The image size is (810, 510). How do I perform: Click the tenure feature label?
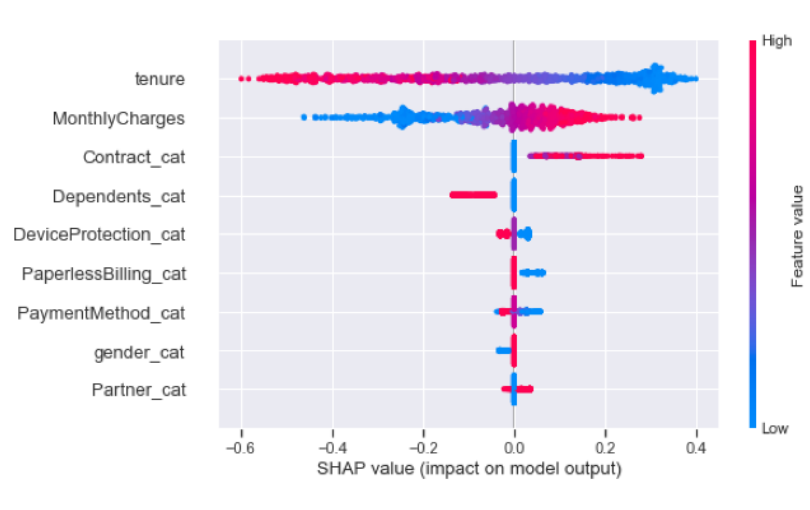tap(160, 79)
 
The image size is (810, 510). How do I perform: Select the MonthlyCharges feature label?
tap(118, 119)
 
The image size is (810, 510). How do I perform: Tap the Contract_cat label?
tap(134, 157)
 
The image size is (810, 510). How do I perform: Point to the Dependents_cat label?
tap(118, 197)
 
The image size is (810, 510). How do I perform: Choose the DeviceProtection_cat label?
tap(99, 235)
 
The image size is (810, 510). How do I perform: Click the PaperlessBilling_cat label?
tap(103, 274)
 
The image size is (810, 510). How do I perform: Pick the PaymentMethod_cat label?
tap(101, 313)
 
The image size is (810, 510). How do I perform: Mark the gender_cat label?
tap(139, 353)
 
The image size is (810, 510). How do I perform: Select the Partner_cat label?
tap(138, 390)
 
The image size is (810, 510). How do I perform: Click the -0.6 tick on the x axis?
tap(240, 448)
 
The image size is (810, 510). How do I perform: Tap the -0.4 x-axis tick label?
tap(332, 448)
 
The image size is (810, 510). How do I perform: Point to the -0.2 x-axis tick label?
tap(423, 448)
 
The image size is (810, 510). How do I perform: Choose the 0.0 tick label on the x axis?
tap(514, 448)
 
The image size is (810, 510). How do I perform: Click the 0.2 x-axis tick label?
tap(605, 448)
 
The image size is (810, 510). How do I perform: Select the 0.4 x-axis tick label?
tap(696, 448)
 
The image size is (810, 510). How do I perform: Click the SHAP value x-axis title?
tap(469, 468)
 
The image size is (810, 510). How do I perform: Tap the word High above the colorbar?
tap(777, 41)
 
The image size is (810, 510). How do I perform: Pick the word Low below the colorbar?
tap(775, 429)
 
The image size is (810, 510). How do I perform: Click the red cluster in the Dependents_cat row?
tap(473, 195)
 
